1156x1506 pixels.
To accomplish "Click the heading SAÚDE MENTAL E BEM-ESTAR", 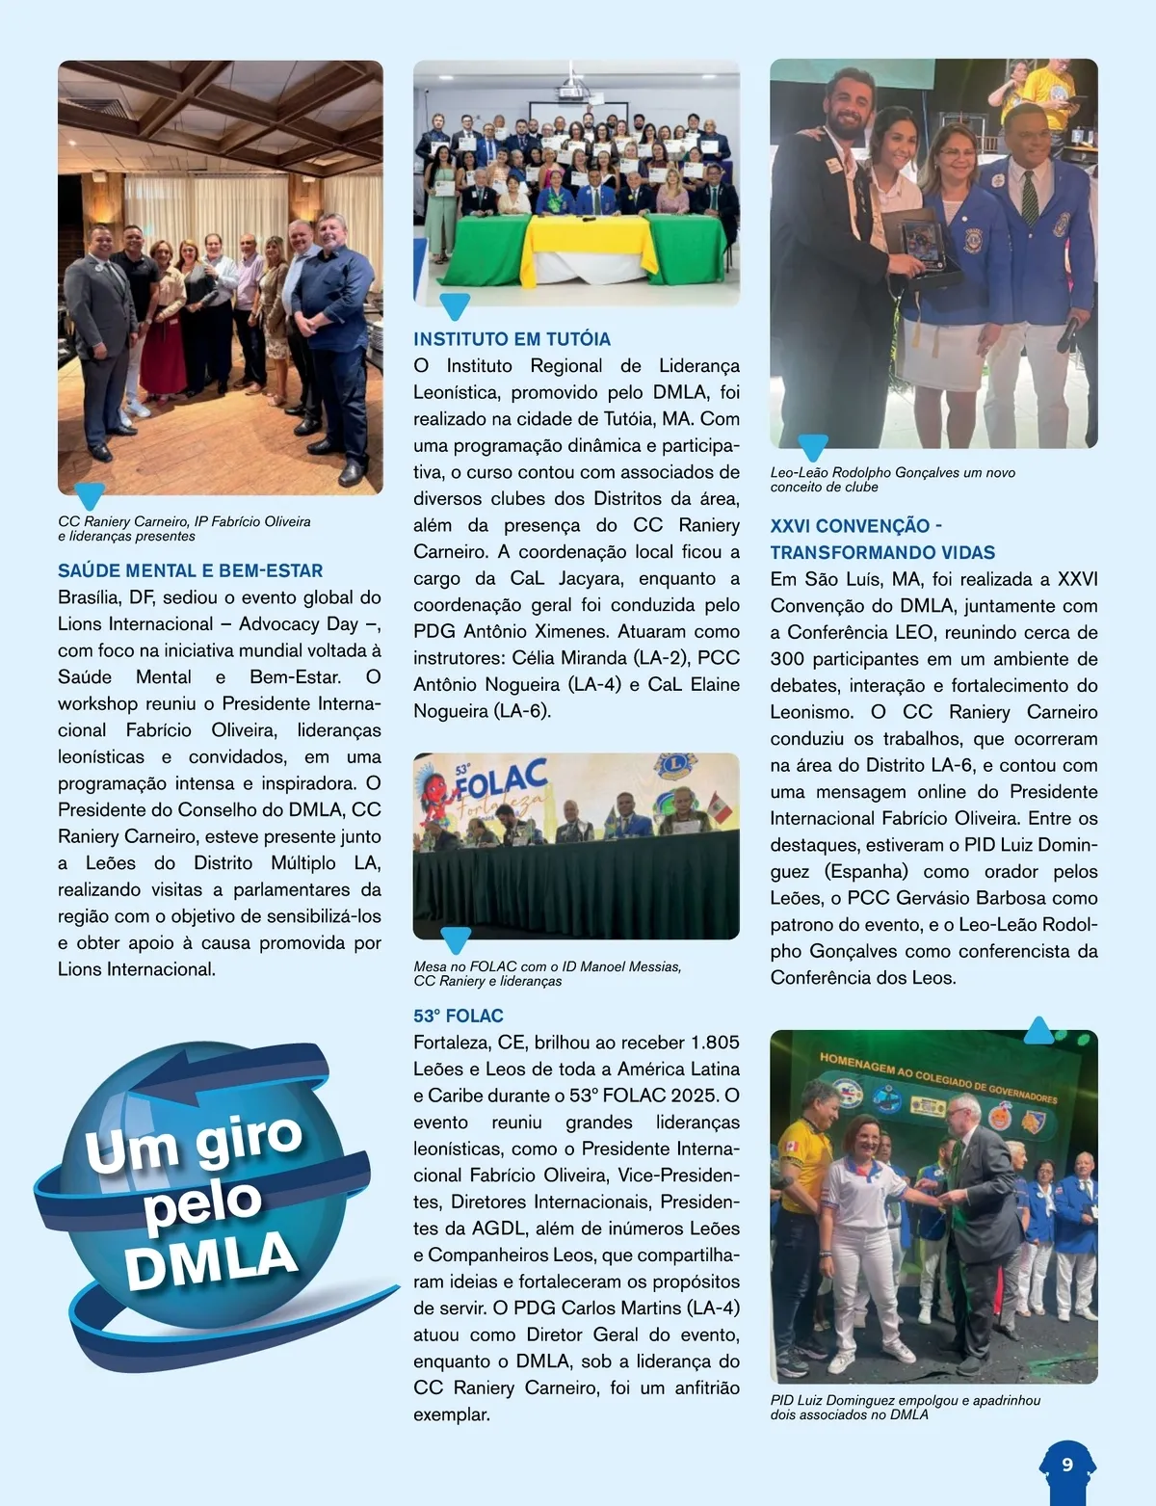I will [x=190, y=570].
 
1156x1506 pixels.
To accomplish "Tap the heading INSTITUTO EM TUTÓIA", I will [x=512, y=339].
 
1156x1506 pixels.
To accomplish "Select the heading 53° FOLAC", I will [x=459, y=1016].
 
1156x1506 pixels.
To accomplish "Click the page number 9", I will [x=1067, y=1465].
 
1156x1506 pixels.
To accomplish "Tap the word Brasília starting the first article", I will [x=89, y=597].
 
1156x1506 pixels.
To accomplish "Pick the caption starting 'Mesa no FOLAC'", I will [x=547, y=973].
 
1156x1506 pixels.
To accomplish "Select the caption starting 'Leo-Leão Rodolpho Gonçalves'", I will [x=892, y=479].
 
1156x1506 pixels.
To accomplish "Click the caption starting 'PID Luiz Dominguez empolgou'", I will [x=905, y=1407].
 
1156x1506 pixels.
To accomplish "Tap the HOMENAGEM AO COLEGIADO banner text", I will [x=937, y=1076].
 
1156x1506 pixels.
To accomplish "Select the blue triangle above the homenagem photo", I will [x=1038, y=1032].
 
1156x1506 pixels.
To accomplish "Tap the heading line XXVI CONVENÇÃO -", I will [x=855, y=526].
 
